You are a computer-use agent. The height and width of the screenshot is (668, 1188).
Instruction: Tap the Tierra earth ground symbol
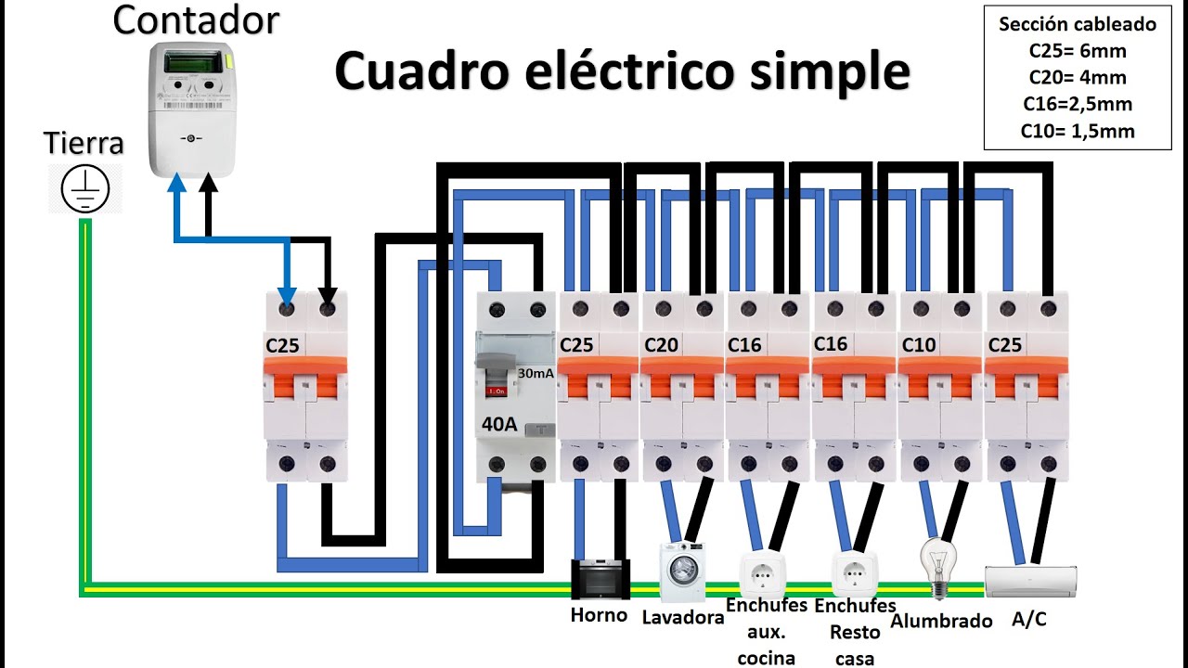(85, 189)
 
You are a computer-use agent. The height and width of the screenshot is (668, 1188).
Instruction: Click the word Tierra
(84, 144)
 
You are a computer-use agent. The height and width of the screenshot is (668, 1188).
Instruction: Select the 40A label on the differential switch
(500, 426)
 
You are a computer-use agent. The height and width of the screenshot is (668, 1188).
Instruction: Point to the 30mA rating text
(536, 374)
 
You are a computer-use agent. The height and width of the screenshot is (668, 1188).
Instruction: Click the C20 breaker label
(662, 345)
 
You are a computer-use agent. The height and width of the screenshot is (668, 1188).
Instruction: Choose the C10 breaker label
(918, 345)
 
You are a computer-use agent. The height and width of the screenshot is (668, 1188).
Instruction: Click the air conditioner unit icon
(1030, 581)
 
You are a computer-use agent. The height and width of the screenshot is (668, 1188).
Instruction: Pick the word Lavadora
(683, 617)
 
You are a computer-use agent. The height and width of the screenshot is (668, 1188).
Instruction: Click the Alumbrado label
(941, 621)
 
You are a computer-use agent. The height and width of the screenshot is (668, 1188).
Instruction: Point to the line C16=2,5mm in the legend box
(1077, 104)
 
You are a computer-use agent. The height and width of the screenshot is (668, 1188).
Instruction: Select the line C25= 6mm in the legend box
(1077, 51)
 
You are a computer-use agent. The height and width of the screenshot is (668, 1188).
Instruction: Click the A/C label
(1028, 619)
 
